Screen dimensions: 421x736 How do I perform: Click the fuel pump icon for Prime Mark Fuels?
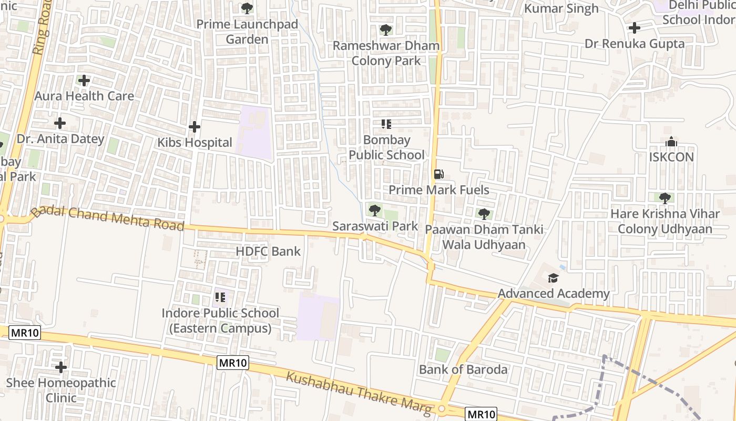438,174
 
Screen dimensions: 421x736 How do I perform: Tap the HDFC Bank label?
268,252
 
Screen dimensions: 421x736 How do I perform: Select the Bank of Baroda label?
463,369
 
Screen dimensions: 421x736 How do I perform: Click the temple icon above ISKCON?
671,142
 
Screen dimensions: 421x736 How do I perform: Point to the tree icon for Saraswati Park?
374,210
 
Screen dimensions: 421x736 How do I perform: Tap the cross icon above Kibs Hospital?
195,127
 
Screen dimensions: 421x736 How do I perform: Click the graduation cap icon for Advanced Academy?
553,278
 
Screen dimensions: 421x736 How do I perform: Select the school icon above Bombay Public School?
386,124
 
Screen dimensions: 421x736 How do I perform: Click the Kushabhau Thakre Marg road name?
360,393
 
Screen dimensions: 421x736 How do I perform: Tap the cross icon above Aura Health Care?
84,81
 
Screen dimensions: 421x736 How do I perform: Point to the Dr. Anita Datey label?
60,139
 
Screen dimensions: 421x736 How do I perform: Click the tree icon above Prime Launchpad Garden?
247,8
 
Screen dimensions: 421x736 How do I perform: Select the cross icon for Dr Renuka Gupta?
635,28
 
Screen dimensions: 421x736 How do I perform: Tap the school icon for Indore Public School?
220,297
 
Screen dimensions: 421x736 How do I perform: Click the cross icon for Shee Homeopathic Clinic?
61,367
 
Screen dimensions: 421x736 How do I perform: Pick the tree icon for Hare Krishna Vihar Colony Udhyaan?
665,198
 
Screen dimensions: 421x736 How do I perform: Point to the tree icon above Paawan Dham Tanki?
484,214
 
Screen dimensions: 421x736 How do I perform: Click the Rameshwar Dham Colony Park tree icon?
386,30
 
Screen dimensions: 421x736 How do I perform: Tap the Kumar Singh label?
561,8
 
